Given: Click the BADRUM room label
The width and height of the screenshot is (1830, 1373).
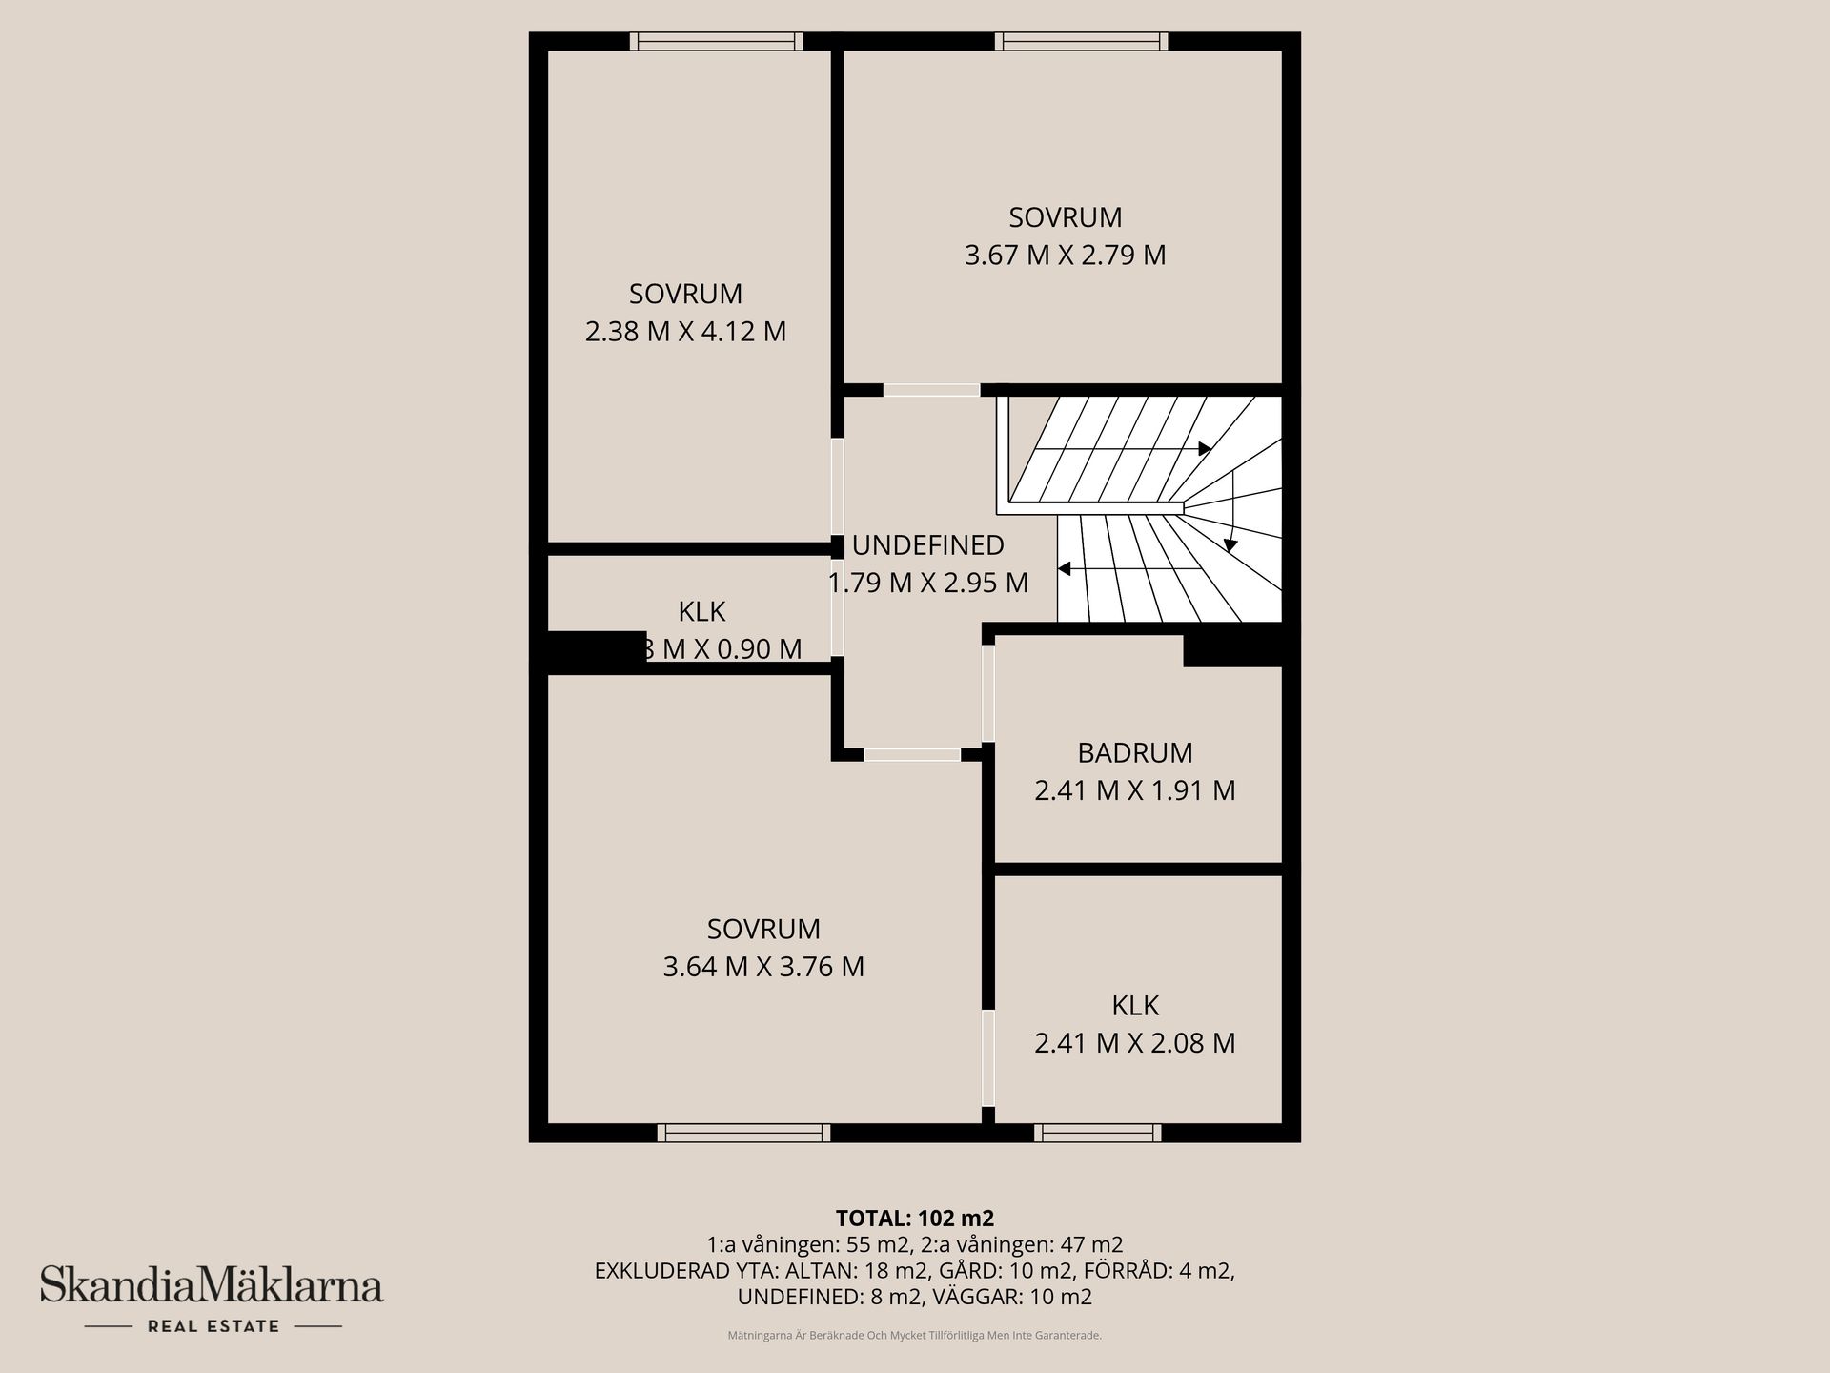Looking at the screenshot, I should [1134, 753].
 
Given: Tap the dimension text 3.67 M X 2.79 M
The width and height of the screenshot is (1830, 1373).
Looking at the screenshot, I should [1065, 256].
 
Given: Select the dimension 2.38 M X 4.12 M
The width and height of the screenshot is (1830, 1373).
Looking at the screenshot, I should [685, 332].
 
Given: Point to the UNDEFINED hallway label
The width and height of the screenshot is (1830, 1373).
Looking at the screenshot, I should [927, 545].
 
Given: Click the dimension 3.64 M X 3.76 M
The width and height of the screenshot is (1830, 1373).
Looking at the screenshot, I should [763, 967].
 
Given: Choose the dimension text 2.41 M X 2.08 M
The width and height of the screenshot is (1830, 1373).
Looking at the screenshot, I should [1134, 1043].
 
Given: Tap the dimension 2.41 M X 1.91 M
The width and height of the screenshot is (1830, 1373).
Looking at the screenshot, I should [1134, 791].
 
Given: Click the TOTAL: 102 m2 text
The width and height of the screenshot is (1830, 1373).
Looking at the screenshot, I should [914, 1219].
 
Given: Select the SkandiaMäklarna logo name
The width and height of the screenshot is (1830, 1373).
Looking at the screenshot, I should [211, 1285].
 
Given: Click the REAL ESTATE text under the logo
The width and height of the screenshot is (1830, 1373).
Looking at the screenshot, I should [213, 1326].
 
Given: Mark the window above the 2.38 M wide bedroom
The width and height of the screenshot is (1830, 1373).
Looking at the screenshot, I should [716, 41].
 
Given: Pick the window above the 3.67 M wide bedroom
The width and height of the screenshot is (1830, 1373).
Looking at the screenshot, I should [1081, 41].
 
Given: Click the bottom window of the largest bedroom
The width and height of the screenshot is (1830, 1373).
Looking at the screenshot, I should [743, 1133].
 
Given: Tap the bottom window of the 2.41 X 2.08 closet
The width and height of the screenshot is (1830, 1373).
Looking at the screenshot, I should [1098, 1133].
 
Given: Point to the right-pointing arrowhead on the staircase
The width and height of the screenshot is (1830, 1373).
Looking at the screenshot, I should [1205, 448].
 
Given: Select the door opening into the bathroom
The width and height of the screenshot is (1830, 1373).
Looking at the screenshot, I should [988, 693].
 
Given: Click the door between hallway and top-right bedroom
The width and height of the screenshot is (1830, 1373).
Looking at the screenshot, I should [931, 390].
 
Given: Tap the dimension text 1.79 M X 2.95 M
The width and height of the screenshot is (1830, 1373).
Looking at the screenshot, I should [927, 584].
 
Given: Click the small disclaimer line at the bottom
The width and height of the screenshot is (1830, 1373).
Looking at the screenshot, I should [914, 1336].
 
